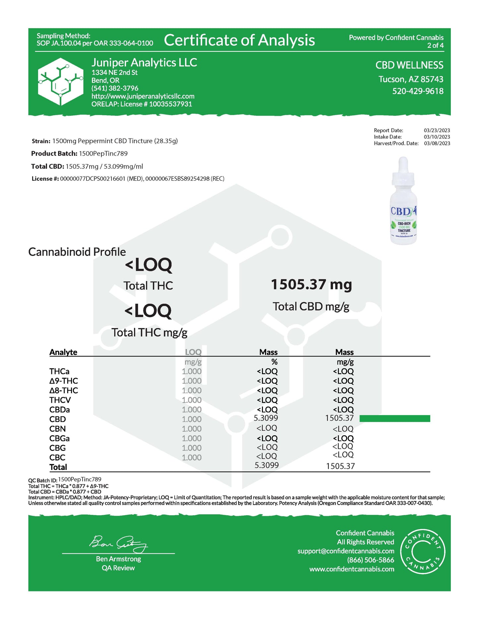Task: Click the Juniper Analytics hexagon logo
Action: pyautogui.click(x=60, y=82)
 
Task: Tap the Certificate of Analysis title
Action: pyautogui.click(x=239, y=40)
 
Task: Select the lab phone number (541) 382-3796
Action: pyautogui.click(x=115, y=88)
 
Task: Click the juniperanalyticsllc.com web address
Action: pyautogui.click(x=143, y=96)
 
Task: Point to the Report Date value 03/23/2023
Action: pyautogui.click(x=437, y=130)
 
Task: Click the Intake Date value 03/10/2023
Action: pyautogui.click(x=437, y=137)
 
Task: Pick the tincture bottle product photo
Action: pyautogui.click(x=403, y=201)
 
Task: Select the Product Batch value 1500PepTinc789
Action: pyautogui.click(x=103, y=154)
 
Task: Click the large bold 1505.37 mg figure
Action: pyautogui.click(x=311, y=284)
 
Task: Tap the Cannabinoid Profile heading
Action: pyautogui.click(x=77, y=252)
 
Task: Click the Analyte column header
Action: pyautogui.click(x=63, y=352)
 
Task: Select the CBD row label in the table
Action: pyautogui.click(x=58, y=419)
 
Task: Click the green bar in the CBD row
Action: pyautogui.click(x=394, y=418)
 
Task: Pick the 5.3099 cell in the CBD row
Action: pyautogui.click(x=266, y=418)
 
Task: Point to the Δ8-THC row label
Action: pyautogui.click(x=64, y=391)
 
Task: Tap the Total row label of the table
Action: pyautogui.click(x=58, y=467)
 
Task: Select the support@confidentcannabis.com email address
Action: pyautogui.click(x=346, y=551)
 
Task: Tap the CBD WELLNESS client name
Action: pyautogui.click(x=409, y=65)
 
